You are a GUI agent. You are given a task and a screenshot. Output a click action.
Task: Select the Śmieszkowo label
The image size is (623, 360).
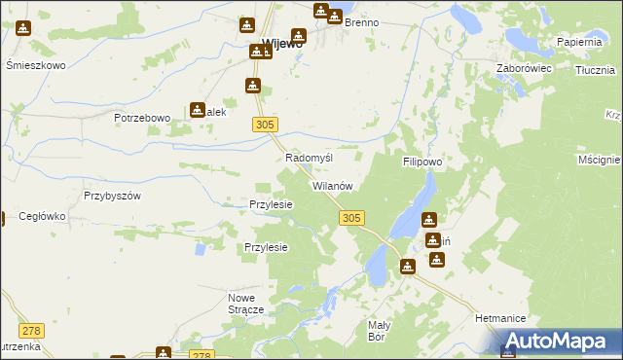pyautogui.click(x=35, y=65)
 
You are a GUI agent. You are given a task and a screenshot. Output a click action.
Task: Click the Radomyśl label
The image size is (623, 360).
pyautogui.click(x=309, y=158)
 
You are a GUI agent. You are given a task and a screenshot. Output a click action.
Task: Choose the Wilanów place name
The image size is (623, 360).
pyautogui.click(x=337, y=185)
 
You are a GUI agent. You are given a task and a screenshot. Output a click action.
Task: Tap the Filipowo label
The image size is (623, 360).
pyautogui.click(x=423, y=162)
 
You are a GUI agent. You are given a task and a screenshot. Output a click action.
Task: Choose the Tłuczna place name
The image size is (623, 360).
pyautogui.click(x=594, y=70)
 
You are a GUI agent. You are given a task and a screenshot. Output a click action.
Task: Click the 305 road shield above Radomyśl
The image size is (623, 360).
pyautogui.click(x=266, y=124)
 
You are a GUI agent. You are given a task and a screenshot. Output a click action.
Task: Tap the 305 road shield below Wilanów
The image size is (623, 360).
pyautogui.click(x=353, y=219)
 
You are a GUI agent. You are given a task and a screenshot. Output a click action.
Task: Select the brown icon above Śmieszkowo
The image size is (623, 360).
pyautogui.click(x=23, y=29)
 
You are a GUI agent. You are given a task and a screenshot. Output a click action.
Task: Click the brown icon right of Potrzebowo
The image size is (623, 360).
pyautogui.click(x=198, y=111)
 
